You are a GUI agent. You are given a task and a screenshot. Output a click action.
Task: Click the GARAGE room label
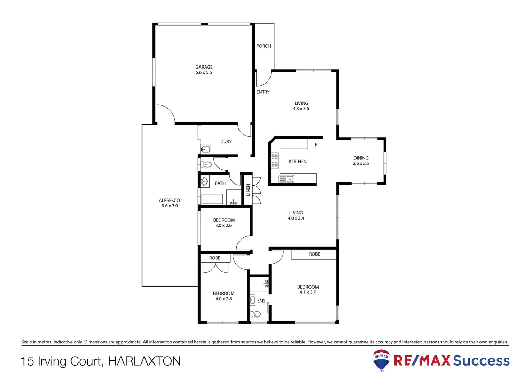pos(204,67)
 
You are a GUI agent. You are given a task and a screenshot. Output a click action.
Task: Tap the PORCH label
pos(264,46)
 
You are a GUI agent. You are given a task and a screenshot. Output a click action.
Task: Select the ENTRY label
pos(263,92)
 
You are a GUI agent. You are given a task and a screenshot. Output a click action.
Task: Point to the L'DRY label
pos(226,141)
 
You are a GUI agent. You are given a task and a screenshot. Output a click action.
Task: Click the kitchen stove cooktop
pos(275,160)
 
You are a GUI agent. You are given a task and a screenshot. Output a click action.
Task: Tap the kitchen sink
pos(286,179)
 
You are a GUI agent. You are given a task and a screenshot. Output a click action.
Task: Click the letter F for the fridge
pos(316,145)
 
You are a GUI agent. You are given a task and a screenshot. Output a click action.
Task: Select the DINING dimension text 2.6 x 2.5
pos(361,163)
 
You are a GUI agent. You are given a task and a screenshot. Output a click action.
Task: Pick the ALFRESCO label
pos(169,201)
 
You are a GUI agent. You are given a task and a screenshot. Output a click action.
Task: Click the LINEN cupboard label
pos(248,190)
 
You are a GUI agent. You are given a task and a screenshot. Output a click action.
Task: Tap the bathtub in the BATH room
pos(212,199)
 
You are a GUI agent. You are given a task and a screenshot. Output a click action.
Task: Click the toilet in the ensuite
pos(256,314)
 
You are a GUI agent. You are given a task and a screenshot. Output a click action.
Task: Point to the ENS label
pos(261,301)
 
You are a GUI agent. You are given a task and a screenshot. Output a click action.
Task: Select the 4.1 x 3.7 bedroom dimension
pos(308,292)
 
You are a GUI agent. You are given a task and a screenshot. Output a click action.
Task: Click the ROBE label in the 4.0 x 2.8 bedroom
pos(214,258)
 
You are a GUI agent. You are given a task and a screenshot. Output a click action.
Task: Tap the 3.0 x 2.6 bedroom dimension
pos(224,225)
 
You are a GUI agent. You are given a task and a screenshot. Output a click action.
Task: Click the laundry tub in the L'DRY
pos(205,149)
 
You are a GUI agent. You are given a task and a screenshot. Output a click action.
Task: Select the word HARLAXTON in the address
pos(144,361)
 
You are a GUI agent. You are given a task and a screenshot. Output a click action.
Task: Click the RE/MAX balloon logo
pos(381,360)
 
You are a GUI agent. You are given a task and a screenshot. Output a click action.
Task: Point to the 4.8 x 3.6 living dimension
pos(301,109)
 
